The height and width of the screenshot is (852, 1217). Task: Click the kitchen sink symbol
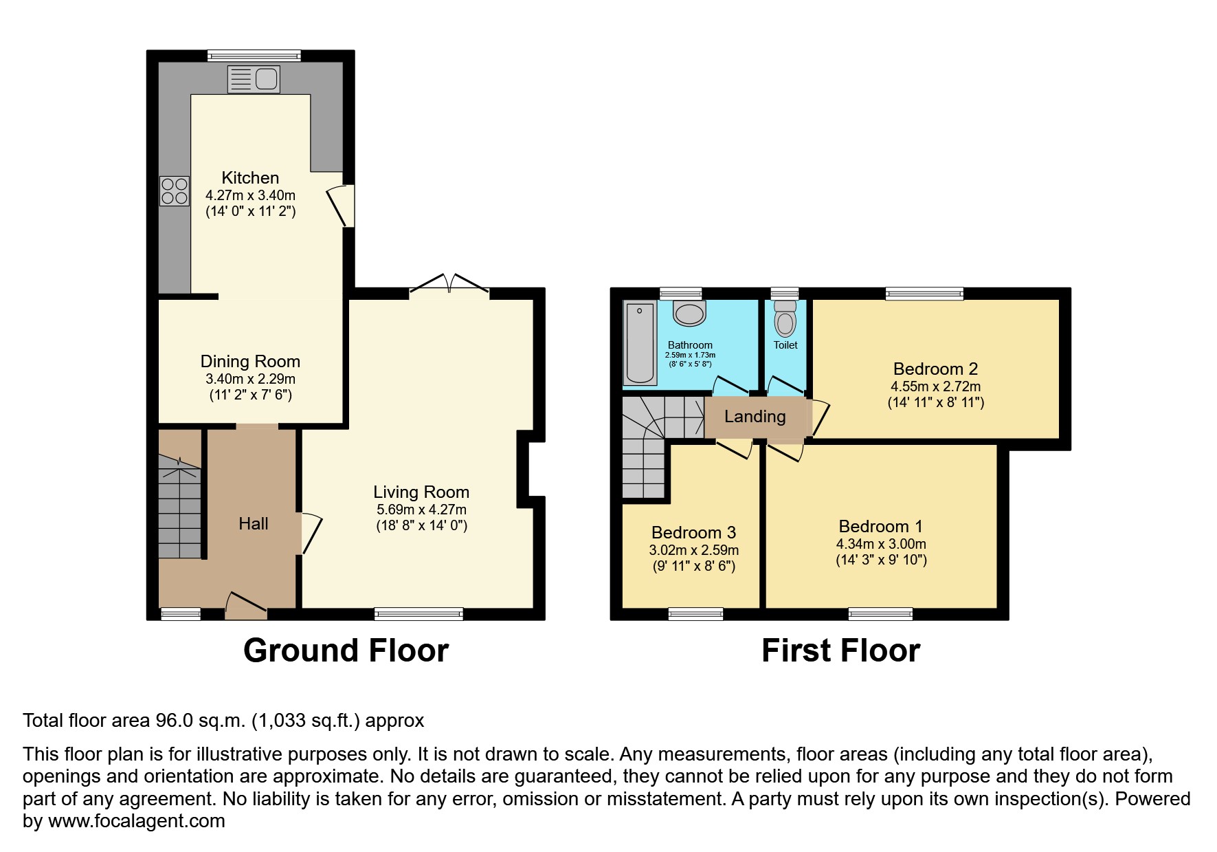254,79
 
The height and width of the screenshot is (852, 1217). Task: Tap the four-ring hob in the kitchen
175,191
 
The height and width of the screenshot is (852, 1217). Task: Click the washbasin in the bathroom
689,314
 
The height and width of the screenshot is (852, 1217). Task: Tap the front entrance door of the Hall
245,604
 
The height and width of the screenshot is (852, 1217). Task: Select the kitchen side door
341,205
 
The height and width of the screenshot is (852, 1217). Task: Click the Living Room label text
421,492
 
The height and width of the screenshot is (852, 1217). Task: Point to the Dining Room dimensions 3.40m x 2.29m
250,379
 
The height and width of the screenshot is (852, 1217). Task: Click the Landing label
755,416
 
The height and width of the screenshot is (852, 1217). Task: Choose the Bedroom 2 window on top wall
924,294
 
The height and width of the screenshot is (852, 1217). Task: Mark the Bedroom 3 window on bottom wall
695,614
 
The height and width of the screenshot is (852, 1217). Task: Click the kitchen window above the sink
254,56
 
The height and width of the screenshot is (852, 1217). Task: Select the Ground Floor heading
346,651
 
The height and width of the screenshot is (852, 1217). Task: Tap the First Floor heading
840,651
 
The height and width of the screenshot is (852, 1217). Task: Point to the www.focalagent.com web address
136,821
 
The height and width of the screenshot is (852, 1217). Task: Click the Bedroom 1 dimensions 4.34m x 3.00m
881,544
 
